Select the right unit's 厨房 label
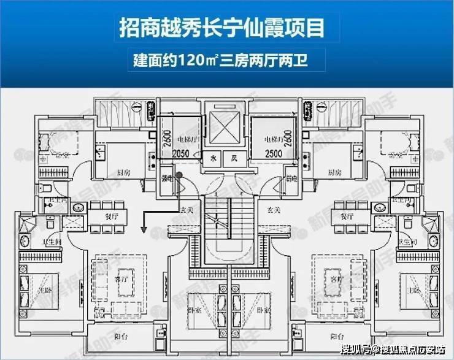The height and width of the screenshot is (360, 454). [x=334, y=172]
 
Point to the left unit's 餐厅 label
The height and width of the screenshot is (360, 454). [x=98, y=216]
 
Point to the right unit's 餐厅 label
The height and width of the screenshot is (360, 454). [x=347, y=216]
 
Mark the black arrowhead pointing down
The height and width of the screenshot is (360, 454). [x=144, y=230]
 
